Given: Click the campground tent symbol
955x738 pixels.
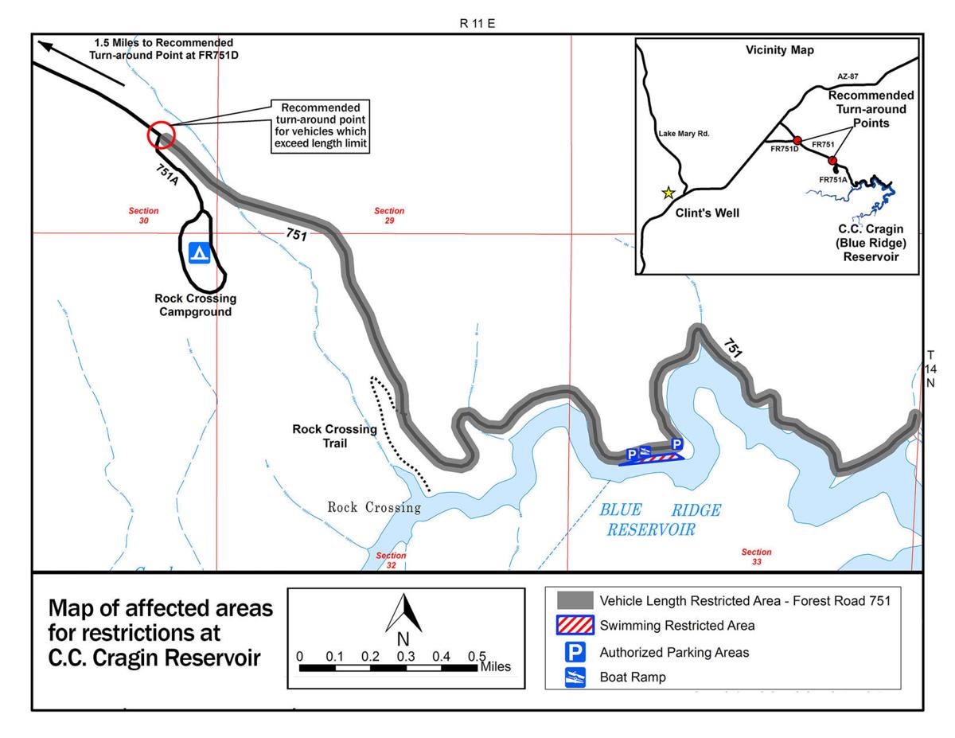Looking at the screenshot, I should [198, 253].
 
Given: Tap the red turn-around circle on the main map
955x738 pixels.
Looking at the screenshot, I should [160, 135].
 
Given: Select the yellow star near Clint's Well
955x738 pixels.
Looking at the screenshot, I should [668, 193].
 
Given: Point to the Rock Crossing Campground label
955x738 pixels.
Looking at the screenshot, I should [195, 305].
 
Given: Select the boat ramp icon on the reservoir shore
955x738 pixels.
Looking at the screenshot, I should [645, 453].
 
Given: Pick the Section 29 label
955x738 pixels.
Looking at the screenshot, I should [389, 216].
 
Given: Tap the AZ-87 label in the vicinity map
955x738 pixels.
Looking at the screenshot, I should [848, 76].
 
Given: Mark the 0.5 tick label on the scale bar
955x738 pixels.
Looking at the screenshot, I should [477, 656].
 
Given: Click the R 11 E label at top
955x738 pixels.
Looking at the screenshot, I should [477, 24].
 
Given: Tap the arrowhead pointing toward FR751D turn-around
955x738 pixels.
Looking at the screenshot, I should [47, 46].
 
